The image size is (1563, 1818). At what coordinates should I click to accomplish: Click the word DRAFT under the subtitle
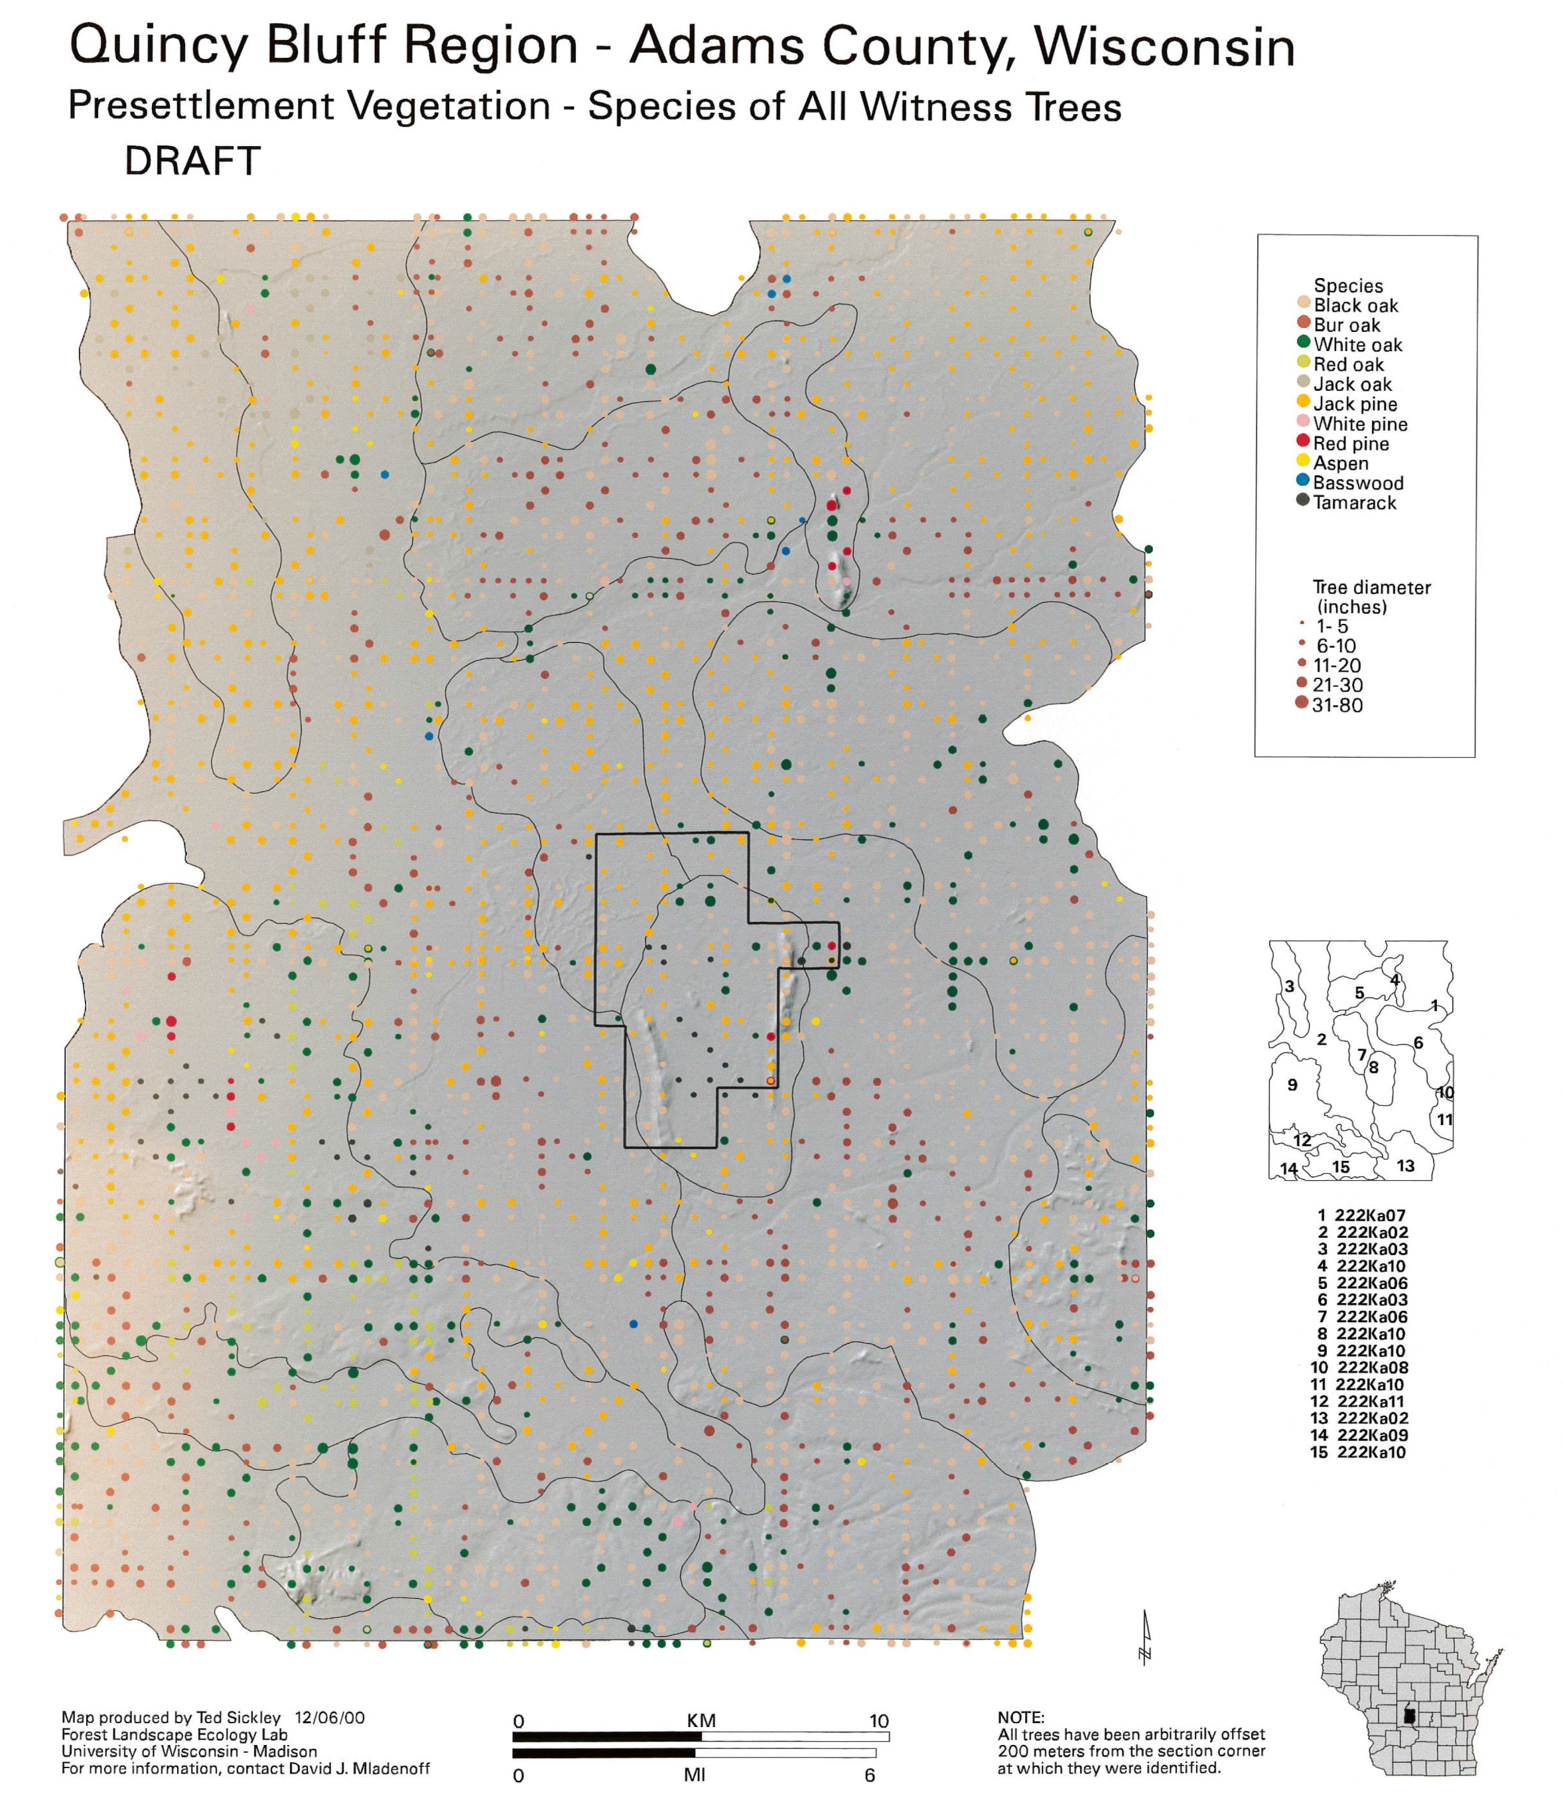pos(192,161)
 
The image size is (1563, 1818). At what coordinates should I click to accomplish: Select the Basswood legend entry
pos(1350,483)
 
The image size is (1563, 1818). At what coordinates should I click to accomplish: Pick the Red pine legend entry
pos(1343,443)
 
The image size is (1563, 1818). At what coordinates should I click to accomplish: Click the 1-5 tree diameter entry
pos(1324,627)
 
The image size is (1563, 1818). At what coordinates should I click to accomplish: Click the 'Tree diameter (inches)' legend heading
pos(1371,597)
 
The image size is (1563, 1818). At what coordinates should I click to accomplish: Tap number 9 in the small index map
pos(1292,1085)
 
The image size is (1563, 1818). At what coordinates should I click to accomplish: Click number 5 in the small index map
pos(1359,993)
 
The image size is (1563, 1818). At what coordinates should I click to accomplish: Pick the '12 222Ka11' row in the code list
pos(1357,1401)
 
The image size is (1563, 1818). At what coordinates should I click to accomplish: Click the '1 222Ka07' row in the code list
pos(1361,1215)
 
